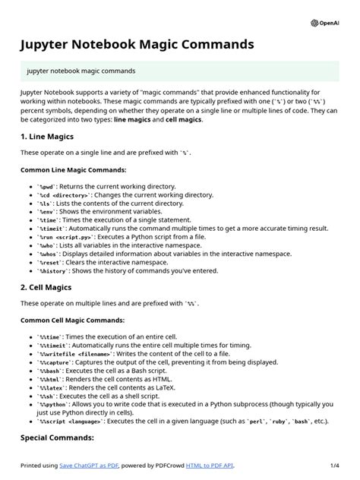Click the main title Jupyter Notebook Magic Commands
[x=137, y=45]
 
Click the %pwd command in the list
[x=46, y=186]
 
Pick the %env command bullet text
[x=46, y=211]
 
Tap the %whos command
[x=48, y=254]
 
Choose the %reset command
[x=49, y=262]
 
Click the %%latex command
[x=52, y=387]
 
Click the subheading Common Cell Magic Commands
[x=73, y=321]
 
